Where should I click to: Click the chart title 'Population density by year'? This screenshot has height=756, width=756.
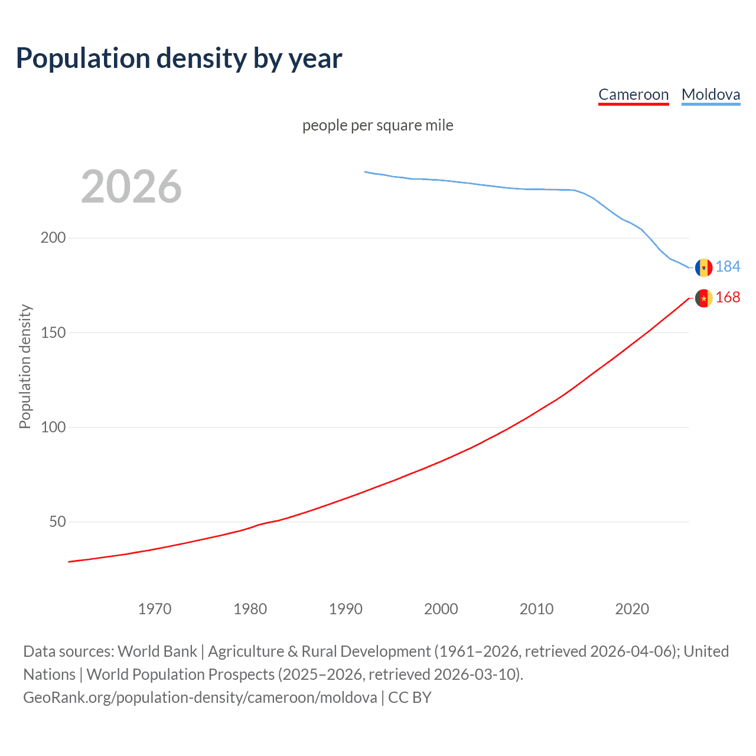[179, 58]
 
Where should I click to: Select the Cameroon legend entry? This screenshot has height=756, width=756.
[633, 94]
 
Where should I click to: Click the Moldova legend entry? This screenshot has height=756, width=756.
[711, 94]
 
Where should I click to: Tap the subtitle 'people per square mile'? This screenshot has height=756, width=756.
[377, 125]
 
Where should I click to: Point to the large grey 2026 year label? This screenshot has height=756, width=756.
[131, 187]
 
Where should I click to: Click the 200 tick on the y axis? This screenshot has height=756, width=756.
[53, 238]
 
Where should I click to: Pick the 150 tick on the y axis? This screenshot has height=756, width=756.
[53, 333]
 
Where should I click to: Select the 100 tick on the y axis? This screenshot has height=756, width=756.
[53, 427]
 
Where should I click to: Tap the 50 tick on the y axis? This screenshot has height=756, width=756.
[57, 522]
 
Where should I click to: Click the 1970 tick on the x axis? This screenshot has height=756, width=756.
[155, 609]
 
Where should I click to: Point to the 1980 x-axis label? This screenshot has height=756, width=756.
[250, 609]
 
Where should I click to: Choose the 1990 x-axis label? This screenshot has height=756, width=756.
[346, 609]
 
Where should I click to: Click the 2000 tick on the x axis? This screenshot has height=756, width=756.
[441, 609]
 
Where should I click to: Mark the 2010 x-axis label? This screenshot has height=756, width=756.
[536, 609]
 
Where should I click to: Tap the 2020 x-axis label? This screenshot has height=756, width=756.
[632, 609]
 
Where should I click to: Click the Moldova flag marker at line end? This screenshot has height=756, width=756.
[703, 268]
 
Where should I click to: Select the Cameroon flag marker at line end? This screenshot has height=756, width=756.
[703, 298]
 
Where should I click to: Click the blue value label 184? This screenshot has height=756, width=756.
[728, 267]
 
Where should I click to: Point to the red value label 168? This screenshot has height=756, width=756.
[728, 298]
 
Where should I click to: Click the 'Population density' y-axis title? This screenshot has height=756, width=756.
[25, 366]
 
